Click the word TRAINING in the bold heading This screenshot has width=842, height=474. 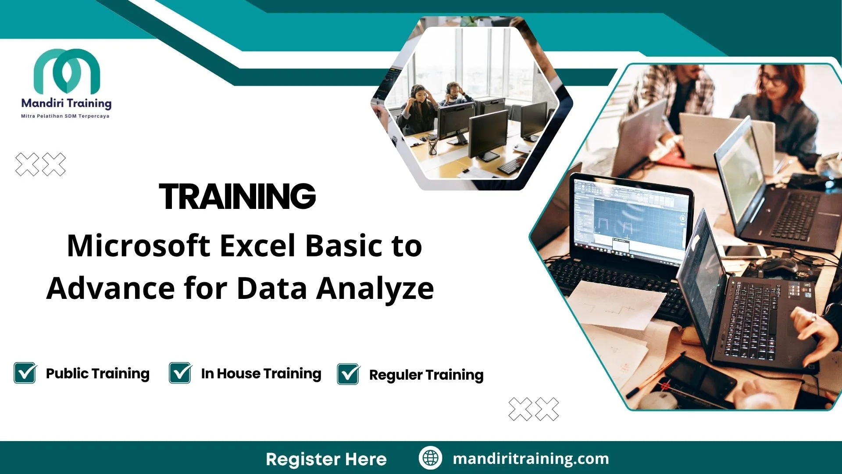click(237, 196)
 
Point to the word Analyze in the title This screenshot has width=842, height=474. click(375, 288)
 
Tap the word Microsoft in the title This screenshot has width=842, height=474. click(138, 246)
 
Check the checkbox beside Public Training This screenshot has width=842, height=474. click(25, 373)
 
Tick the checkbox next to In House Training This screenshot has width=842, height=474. click(180, 373)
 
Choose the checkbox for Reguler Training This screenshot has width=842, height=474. click(348, 374)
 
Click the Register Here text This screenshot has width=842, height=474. click(326, 459)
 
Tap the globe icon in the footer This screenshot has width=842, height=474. click(430, 458)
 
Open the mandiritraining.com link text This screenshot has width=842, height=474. click(531, 459)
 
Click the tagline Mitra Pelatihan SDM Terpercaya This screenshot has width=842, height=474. click(65, 116)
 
